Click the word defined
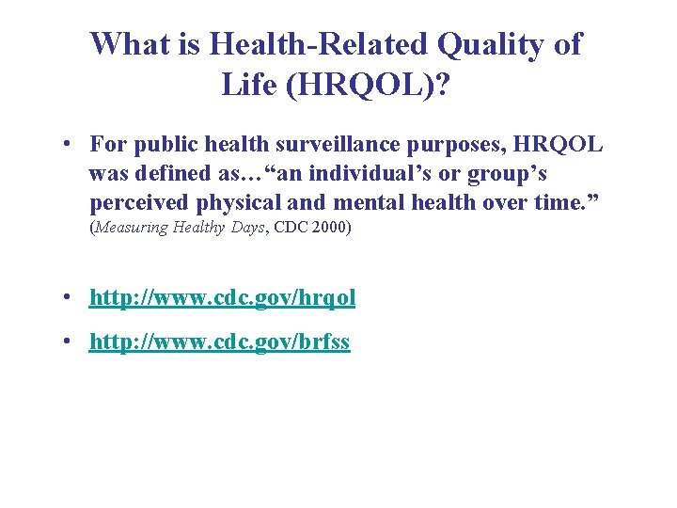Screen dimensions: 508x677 pyautogui.click(x=172, y=174)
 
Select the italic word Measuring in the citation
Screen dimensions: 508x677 pyautogui.click(x=132, y=228)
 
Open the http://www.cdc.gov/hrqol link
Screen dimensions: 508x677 pyautogui.click(x=222, y=298)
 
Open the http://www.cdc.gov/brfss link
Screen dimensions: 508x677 pyautogui.click(x=219, y=342)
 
